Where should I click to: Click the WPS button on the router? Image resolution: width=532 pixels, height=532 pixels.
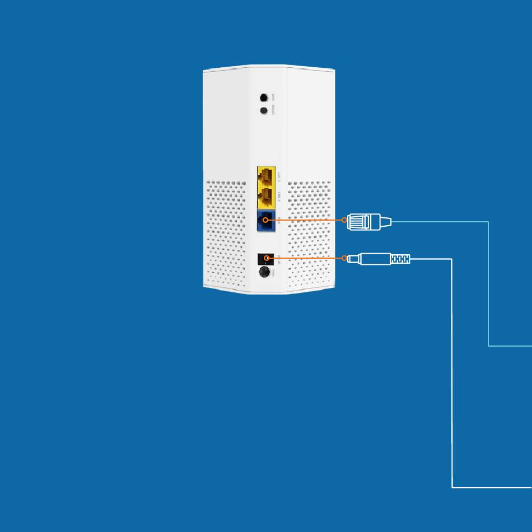point(264,97)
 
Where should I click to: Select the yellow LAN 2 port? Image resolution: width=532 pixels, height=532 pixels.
point(266,176)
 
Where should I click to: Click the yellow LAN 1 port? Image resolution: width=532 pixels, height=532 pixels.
point(266,197)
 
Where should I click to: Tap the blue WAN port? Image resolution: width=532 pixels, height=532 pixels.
point(266,221)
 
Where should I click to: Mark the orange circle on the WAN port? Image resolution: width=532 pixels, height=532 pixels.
point(265,220)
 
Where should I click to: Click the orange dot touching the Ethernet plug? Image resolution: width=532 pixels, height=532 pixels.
point(344,220)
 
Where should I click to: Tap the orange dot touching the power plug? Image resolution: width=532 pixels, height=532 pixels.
point(344,258)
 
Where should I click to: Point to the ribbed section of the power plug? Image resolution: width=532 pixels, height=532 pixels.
point(400,259)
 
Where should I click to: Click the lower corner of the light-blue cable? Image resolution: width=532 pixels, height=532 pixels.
point(488,346)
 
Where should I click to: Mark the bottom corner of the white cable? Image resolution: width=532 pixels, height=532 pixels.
point(452,487)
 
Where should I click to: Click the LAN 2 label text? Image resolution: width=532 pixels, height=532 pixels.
point(279,177)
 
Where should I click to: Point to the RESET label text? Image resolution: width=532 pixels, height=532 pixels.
point(273,111)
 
